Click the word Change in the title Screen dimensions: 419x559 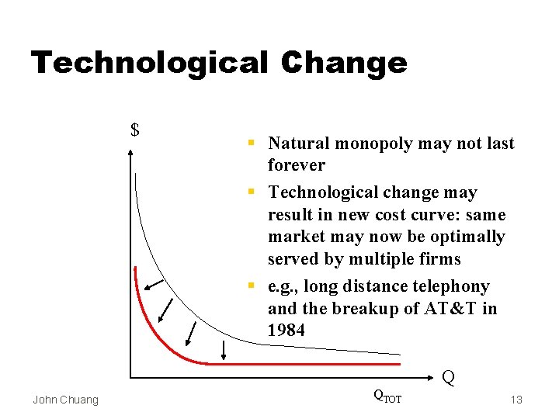coord(345,64)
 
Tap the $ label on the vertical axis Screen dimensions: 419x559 coord(135,130)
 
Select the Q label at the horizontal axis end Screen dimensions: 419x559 coord(448,378)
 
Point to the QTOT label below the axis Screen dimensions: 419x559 coord(387,396)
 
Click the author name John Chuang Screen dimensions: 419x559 coord(66,400)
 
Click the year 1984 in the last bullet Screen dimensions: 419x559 coord(286,331)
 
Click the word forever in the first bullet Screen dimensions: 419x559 coord(297,165)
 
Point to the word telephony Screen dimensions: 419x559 coord(453,287)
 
